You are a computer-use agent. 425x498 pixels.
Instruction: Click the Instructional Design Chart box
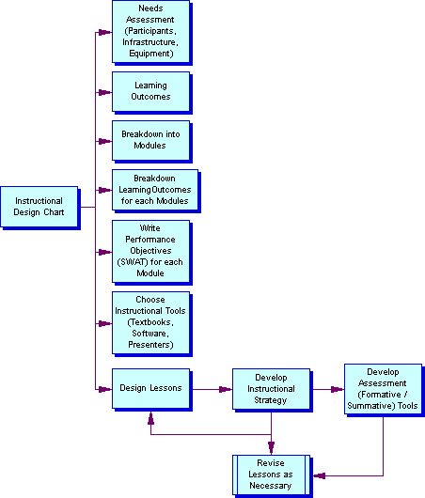pyautogui.click(x=39, y=207)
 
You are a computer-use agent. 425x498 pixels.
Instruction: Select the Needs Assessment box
pyautogui.click(x=151, y=31)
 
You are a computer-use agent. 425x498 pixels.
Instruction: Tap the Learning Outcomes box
pyautogui.click(x=151, y=91)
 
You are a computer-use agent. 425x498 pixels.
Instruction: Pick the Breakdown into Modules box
pyautogui.click(x=151, y=140)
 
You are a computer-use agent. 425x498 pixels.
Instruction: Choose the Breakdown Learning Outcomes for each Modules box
pyautogui.click(x=155, y=190)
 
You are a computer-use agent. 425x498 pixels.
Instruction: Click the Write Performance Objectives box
pyautogui.click(x=151, y=251)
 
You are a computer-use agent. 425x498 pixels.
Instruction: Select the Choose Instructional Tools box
pyautogui.click(x=151, y=322)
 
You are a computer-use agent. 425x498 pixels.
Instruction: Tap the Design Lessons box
pyautogui.click(x=151, y=388)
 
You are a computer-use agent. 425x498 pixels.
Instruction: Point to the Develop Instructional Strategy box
pyautogui.click(x=271, y=389)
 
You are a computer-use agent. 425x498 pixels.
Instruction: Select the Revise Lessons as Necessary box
pyautogui.click(x=271, y=475)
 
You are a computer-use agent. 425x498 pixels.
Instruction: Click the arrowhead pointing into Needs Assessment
pyautogui.click(x=105, y=32)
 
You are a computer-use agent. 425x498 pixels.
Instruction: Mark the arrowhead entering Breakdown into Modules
pyautogui.click(x=105, y=141)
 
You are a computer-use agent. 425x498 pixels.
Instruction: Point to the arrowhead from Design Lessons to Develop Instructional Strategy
pyautogui.click(x=226, y=389)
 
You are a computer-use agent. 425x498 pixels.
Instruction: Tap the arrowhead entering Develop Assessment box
pyautogui.click(x=338, y=389)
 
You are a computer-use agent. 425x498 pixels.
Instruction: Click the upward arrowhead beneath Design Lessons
pyautogui.click(x=151, y=418)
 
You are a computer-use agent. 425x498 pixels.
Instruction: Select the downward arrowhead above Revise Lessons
pyautogui.click(x=271, y=448)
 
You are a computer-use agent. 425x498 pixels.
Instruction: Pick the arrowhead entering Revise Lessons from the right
pyautogui.click(x=320, y=475)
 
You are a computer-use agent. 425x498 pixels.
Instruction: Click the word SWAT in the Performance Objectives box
pyautogui.click(x=133, y=262)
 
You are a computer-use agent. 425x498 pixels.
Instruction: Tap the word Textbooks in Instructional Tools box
pyautogui.click(x=150, y=322)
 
